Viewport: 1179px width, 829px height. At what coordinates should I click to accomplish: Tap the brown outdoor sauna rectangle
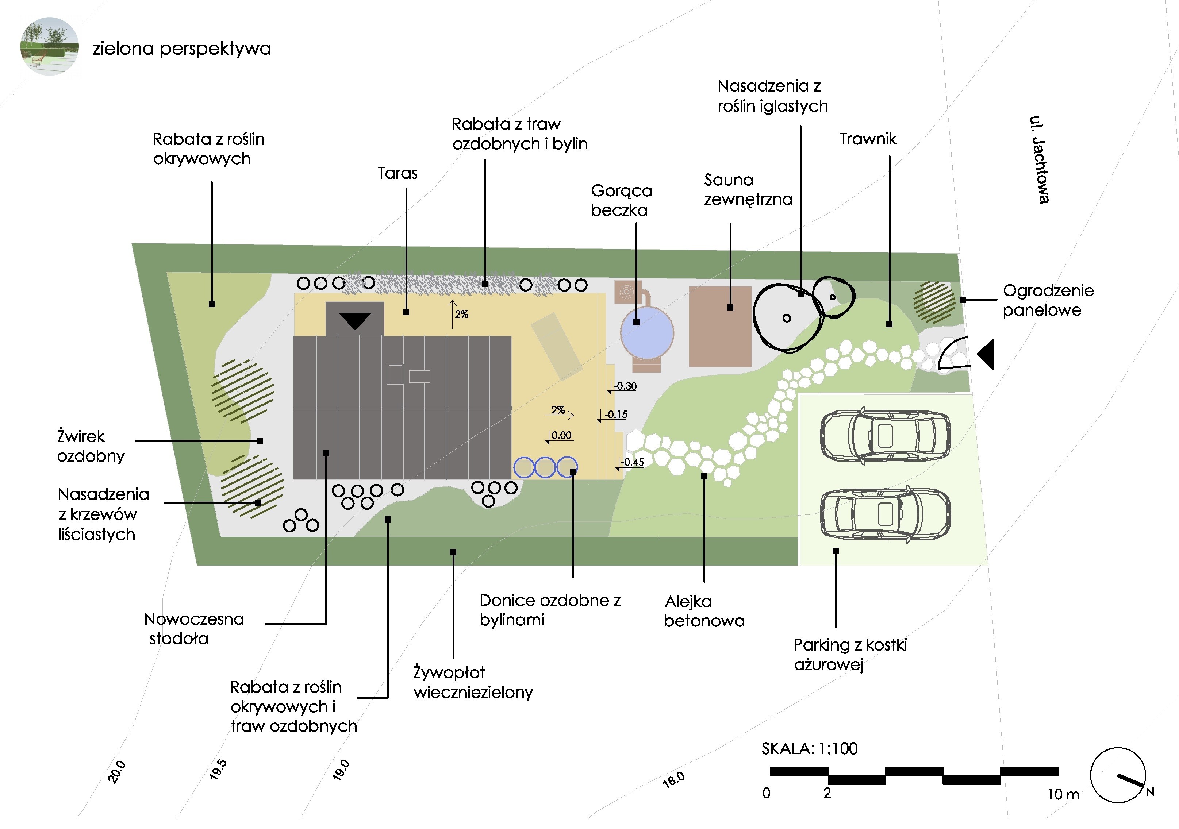pyautogui.click(x=719, y=327)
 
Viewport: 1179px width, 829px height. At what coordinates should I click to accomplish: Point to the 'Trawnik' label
pyautogui.click(x=868, y=139)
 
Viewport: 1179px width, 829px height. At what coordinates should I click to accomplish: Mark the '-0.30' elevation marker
pyautogui.click(x=625, y=386)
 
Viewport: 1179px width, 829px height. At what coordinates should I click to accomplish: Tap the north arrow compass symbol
pyautogui.click(x=1118, y=775)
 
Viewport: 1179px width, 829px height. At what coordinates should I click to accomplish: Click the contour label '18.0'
pyautogui.click(x=673, y=780)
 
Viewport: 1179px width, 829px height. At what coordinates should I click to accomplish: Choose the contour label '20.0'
pyautogui.click(x=116, y=771)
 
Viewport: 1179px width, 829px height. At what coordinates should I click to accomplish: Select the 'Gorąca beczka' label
pyautogui.click(x=621, y=200)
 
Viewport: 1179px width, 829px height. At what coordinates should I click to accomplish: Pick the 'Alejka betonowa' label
pyautogui.click(x=703, y=611)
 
